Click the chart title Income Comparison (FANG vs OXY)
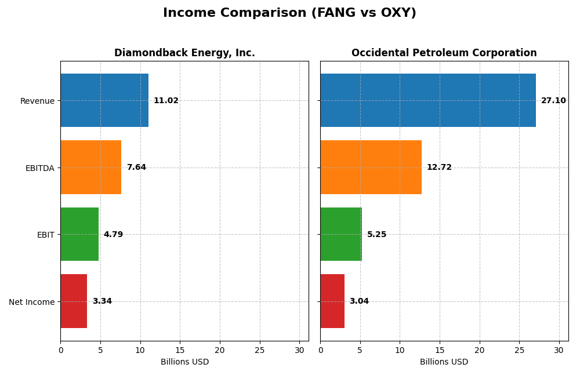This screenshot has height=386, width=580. pos(289,13)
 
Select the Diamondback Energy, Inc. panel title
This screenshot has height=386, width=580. pos(184,53)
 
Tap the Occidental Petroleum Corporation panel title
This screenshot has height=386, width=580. pos(444,53)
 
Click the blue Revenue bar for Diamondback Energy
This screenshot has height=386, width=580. pos(104,100)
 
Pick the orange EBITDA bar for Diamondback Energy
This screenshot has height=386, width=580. pos(91,167)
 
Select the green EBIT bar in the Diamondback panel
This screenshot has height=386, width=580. pos(79,234)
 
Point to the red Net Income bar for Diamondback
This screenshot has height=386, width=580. pos(74,301)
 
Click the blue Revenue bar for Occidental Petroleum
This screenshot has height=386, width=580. pos(428,100)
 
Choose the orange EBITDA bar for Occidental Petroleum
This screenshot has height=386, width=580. pos(371,167)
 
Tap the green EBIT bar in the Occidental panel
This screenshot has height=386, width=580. pos(341,234)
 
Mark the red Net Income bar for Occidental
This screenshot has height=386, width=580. pos(332,301)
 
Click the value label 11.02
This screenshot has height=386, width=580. pos(166,101)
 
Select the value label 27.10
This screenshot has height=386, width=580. pos(553,101)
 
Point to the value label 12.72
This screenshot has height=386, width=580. pos(439,167)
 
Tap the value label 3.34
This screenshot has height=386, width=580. pos(102,301)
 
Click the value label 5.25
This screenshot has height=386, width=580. pos(376,235)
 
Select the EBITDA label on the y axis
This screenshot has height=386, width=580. pos(39,168)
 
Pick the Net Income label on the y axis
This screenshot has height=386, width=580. pos(31,302)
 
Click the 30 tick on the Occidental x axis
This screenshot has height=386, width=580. pos(559,350)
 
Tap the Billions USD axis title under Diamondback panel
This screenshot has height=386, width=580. pos(184,362)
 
